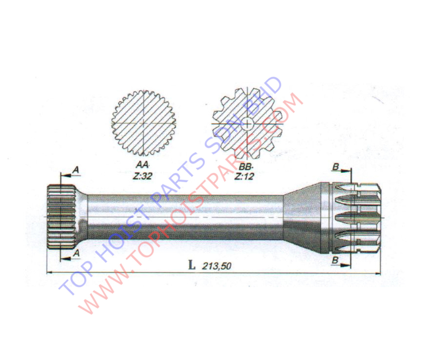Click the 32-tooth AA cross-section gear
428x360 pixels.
(x=143, y=123)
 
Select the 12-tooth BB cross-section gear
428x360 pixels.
(x=247, y=124)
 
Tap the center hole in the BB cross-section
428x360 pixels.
(x=247, y=124)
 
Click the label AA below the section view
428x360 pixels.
(x=142, y=165)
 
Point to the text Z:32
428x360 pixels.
(x=142, y=176)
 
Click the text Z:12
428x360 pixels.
(x=244, y=176)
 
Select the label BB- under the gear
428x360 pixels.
(x=246, y=166)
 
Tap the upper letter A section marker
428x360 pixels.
(x=76, y=170)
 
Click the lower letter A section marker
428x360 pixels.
(x=76, y=253)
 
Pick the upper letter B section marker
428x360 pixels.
(x=336, y=167)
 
